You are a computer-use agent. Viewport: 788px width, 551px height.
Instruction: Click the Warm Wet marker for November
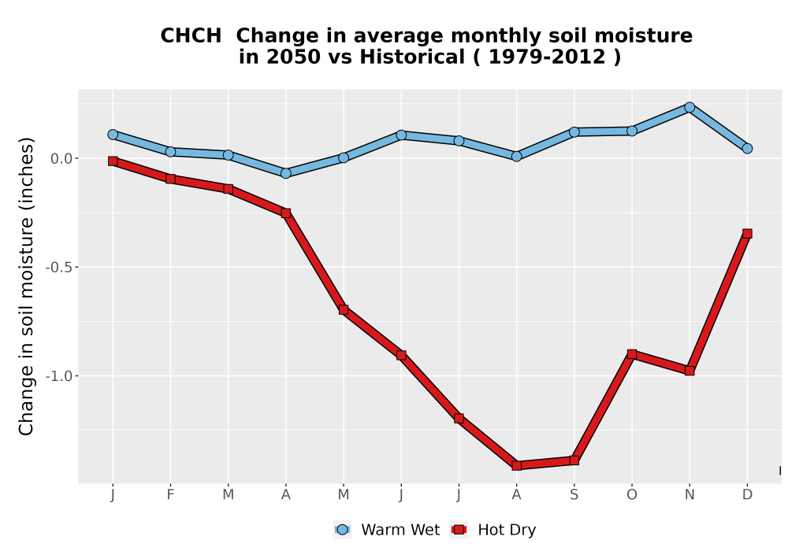(x=689, y=107)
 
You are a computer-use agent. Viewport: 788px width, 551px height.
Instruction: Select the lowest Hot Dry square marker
(x=517, y=465)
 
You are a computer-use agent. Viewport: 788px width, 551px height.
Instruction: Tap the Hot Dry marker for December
(x=747, y=233)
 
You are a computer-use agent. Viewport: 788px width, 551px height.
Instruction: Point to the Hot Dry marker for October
(x=632, y=354)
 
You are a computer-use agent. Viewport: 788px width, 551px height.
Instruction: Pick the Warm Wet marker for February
(x=170, y=152)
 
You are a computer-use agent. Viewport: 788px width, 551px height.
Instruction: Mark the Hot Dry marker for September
(x=574, y=460)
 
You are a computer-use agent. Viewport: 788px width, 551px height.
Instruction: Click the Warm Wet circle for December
(x=747, y=148)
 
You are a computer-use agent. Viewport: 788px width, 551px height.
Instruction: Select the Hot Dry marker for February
(x=170, y=179)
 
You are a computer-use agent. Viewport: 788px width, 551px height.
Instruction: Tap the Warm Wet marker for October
(x=632, y=131)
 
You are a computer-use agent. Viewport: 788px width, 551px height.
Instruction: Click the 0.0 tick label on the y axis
(x=61, y=158)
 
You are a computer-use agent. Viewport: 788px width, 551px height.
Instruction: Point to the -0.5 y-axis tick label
(x=59, y=267)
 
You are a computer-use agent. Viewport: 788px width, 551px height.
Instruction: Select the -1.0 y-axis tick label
(x=59, y=376)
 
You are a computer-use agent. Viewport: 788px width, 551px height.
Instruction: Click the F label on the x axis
(x=170, y=495)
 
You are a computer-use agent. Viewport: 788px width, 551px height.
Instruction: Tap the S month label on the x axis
(x=574, y=495)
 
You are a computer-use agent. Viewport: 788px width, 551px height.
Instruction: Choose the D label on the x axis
(x=747, y=495)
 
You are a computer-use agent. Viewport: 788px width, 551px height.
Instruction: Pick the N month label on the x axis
(x=689, y=495)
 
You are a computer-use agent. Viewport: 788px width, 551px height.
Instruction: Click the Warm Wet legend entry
(x=386, y=530)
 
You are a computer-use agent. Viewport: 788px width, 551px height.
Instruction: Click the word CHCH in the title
(x=191, y=36)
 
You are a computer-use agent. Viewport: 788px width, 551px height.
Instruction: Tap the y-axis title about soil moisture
(x=26, y=286)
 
